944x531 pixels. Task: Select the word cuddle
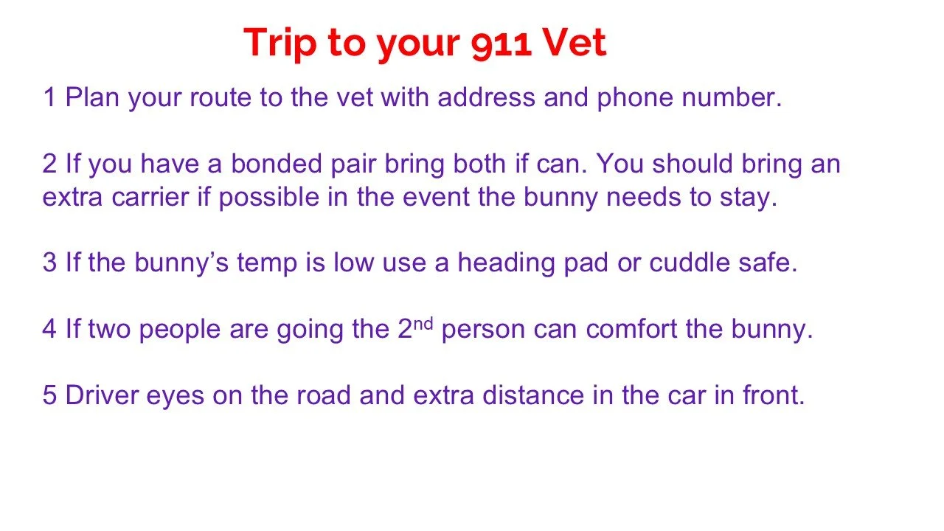click(x=689, y=263)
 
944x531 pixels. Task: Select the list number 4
click(x=49, y=329)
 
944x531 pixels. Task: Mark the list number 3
click(x=49, y=263)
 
